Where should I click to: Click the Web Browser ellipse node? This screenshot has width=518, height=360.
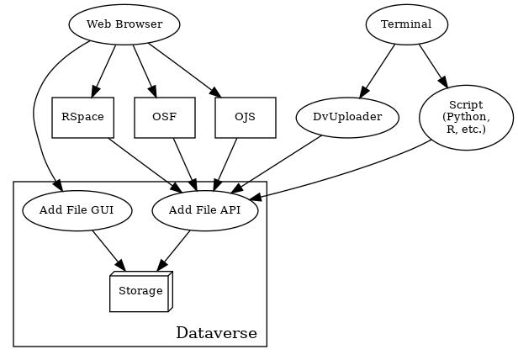pos(124,24)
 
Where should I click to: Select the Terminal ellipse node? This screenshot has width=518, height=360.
pos(406,24)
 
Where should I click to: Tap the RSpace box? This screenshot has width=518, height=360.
pos(82,118)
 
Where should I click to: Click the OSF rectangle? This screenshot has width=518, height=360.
pos(164,118)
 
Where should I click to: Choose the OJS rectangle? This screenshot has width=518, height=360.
pos(246,118)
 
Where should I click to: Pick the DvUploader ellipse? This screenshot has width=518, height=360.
pos(347,118)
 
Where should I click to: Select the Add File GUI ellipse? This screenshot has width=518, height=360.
pos(77,210)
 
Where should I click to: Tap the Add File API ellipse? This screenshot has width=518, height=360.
pos(204,210)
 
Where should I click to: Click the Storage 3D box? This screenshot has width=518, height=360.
pos(140,291)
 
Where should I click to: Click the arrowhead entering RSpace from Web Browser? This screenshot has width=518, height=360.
pos(95,92)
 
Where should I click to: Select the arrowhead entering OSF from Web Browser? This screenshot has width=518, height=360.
pos(153,92)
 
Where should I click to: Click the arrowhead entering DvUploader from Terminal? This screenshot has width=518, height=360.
pos(363,93)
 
